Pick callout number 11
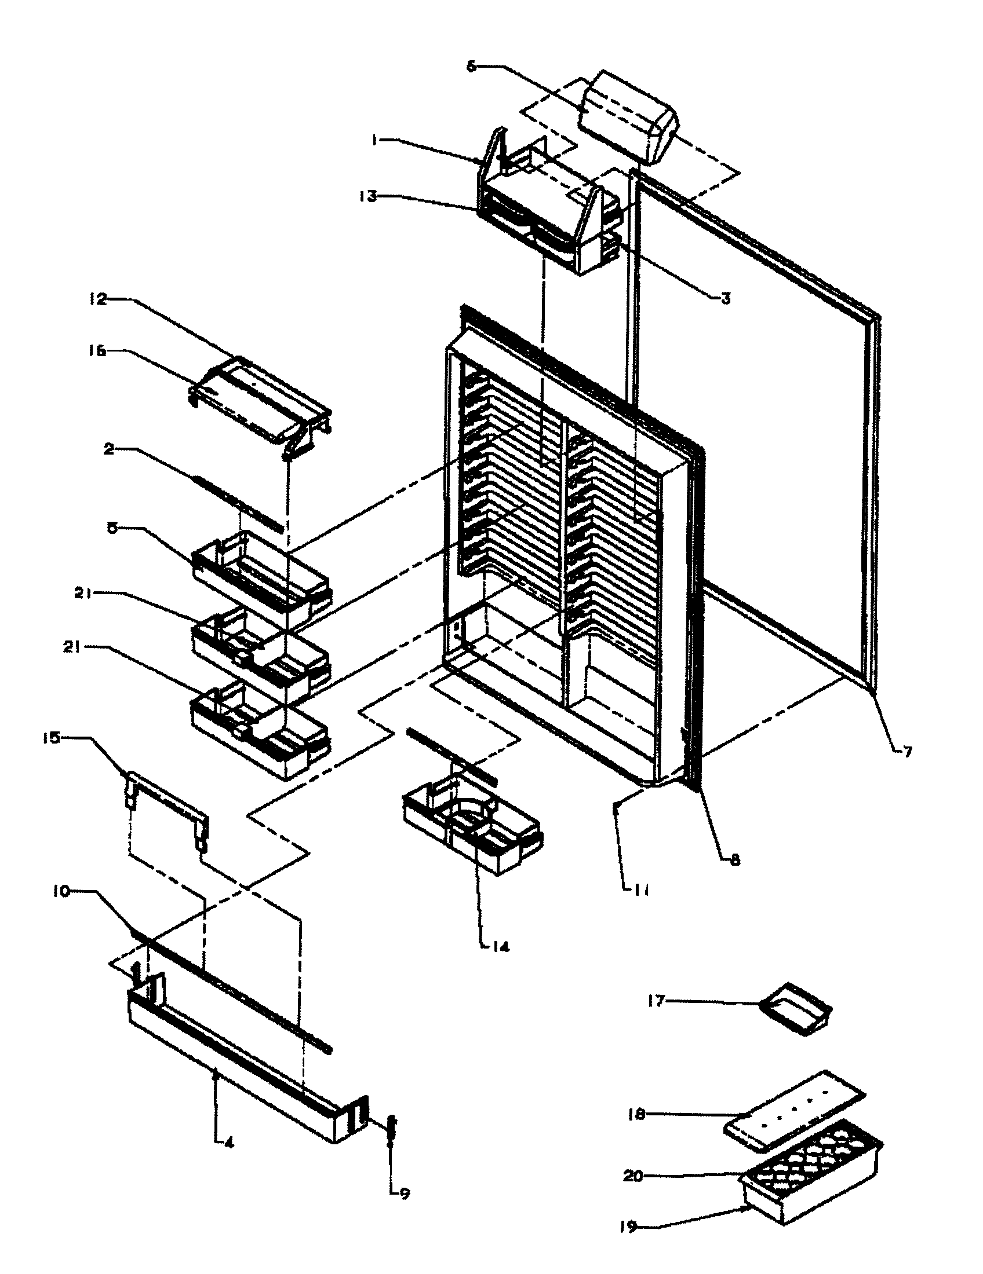[x=641, y=889]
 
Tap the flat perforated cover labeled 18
[x=794, y=1108]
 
